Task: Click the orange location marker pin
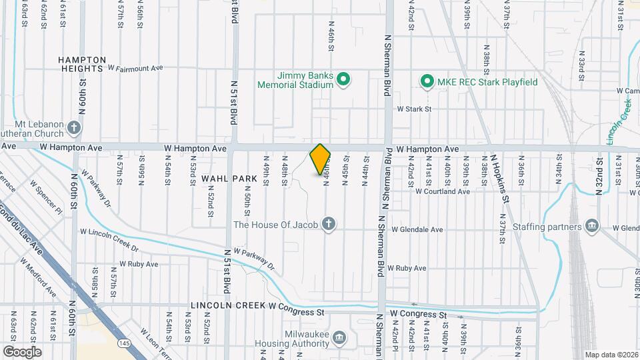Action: click(320, 159)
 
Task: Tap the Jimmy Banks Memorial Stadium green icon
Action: click(343, 81)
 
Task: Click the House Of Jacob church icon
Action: click(327, 224)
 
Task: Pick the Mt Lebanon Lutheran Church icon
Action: click(75, 127)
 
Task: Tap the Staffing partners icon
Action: click(591, 227)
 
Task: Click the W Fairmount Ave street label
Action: click(135, 68)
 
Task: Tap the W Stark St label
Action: click(415, 108)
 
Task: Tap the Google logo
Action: click(22, 351)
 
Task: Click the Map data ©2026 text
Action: click(611, 355)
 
